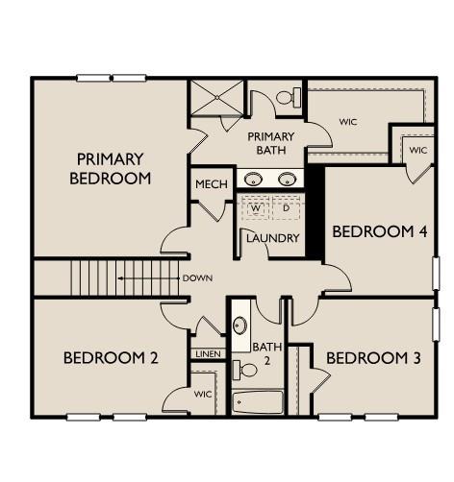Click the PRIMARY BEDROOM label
[x=111, y=169]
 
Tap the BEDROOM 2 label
[x=111, y=358]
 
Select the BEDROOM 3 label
[x=373, y=358]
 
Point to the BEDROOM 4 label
[x=380, y=231]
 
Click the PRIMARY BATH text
[x=271, y=143]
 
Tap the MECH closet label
[x=212, y=184]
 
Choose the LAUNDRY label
[x=273, y=238]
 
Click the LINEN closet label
[x=208, y=354]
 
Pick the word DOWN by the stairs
[x=197, y=278]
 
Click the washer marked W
[x=256, y=208]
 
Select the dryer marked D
[x=286, y=208]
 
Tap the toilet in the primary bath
[x=289, y=97]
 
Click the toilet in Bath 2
[x=244, y=370]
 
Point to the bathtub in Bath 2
[x=258, y=401]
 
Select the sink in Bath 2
[x=240, y=325]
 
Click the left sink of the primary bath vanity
[x=253, y=180]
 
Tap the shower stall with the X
[x=217, y=97]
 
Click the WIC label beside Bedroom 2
[x=203, y=394]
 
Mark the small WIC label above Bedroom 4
[x=418, y=150]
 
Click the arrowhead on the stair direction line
[x=120, y=278]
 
